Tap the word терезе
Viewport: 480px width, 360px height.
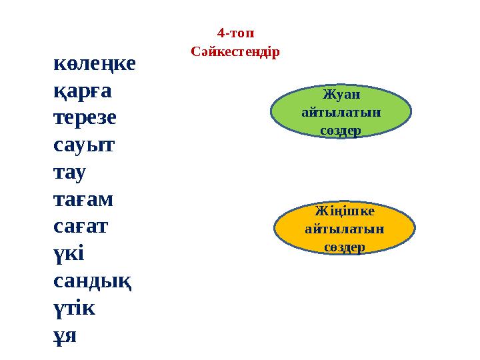[85, 117]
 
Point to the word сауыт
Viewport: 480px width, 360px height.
[83, 145]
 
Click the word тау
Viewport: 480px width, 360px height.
[69, 172]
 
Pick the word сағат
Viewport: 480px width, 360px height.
[81, 226]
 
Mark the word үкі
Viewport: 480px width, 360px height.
[67, 253]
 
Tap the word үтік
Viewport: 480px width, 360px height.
[74, 308]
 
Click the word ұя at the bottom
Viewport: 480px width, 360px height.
[65, 335]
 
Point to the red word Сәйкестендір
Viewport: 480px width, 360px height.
[235, 51]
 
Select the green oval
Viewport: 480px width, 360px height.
[341, 113]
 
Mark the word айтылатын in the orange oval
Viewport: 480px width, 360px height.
[345, 229]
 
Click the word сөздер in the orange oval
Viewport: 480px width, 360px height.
[345, 247]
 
